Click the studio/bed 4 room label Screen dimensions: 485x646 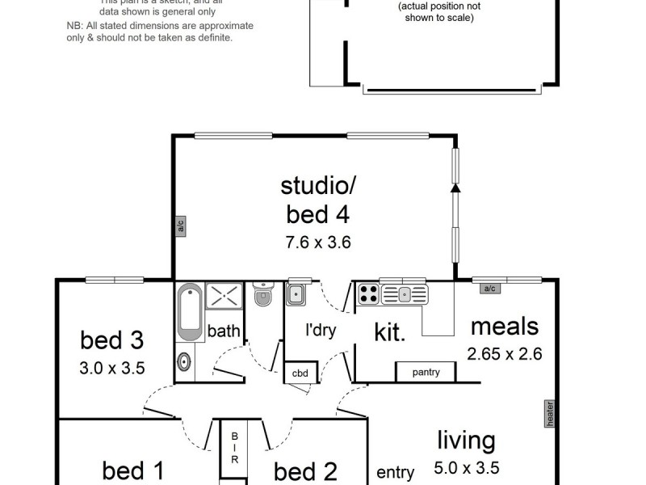pyautogui.click(x=317, y=200)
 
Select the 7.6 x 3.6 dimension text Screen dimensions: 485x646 pyautogui.click(x=317, y=241)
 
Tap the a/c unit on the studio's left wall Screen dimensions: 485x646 pyautogui.click(x=181, y=226)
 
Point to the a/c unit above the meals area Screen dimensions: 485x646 pyautogui.click(x=488, y=288)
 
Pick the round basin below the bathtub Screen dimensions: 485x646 pyautogui.click(x=184, y=362)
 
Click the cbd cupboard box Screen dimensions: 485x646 pyautogui.click(x=300, y=373)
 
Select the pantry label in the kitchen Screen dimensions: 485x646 pyautogui.click(x=426, y=372)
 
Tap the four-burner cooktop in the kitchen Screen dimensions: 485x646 pyautogui.click(x=368, y=293)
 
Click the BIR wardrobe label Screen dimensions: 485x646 pyautogui.click(x=235, y=446)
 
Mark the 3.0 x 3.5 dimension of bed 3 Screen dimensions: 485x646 pyautogui.click(x=112, y=369)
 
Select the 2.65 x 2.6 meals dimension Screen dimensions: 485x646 pyautogui.click(x=504, y=353)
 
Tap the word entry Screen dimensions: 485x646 pyautogui.click(x=396, y=472)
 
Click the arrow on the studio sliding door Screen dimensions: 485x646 pyautogui.click(x=455, y=188)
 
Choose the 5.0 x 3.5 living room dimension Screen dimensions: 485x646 pyautogui.click(x=466, y=467)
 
